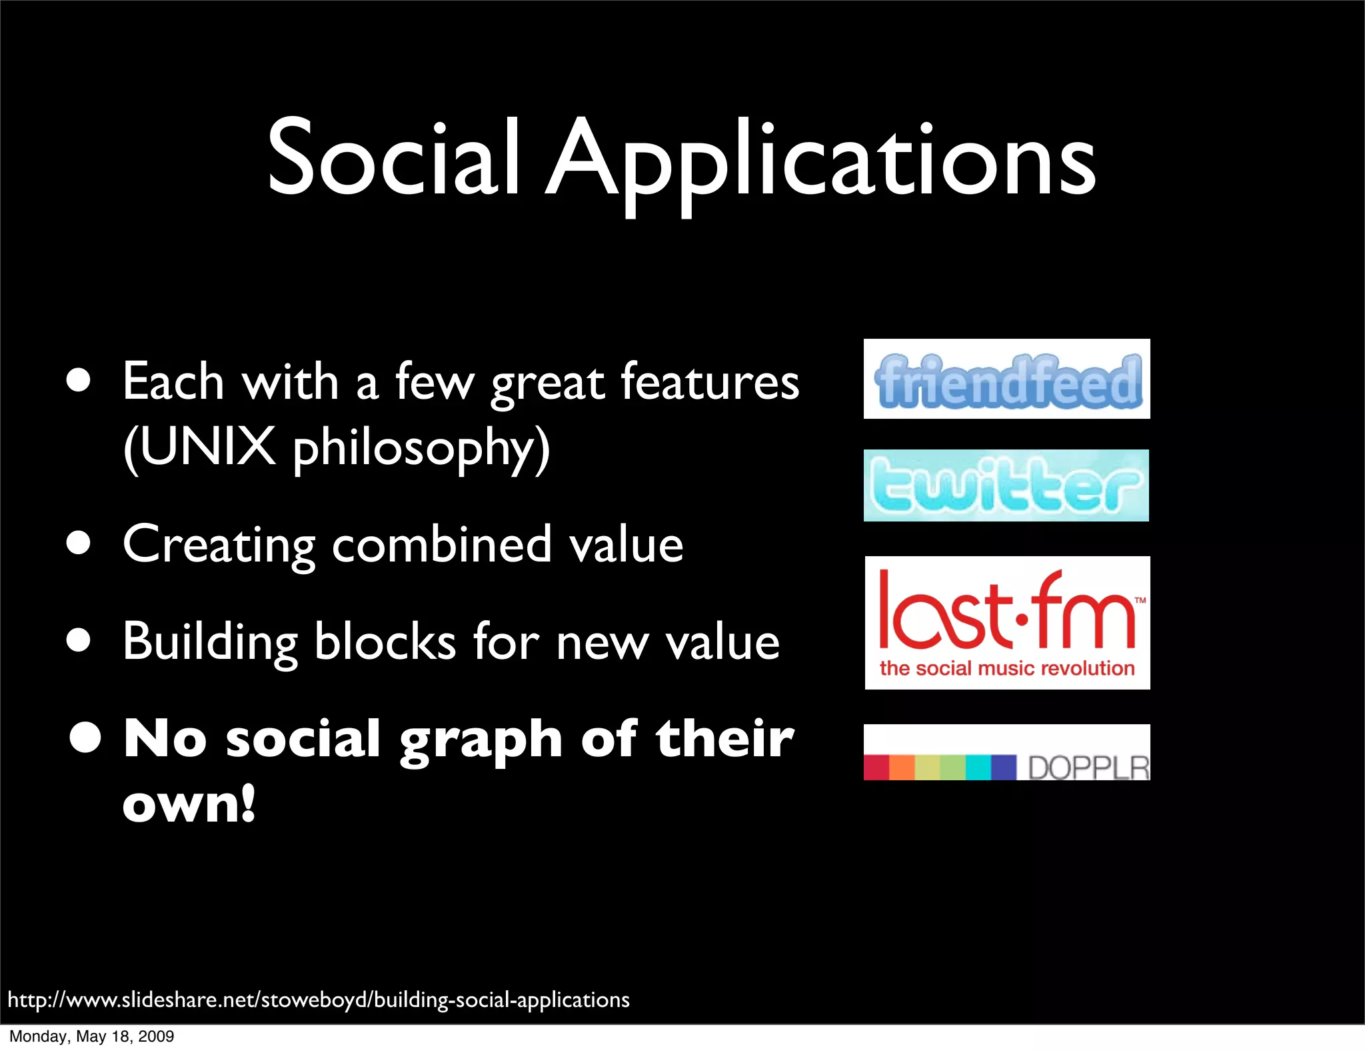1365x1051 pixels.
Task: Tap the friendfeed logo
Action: coord(1006,380)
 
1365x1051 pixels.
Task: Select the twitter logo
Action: coord(1006,486)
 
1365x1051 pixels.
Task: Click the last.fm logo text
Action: coord(1006,610)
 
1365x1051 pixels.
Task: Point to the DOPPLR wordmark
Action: coord(1088,768)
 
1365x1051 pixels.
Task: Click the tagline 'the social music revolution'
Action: coord(1006,668)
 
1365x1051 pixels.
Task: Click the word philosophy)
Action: coord(421,448)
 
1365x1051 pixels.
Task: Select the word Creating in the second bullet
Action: coord(219,546)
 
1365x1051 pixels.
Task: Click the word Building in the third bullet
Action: coord(210,642)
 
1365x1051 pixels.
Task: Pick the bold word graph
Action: coord(481,740)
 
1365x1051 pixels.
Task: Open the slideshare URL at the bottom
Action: coord(319,1000)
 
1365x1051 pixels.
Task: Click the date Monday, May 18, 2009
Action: coord(91,1036)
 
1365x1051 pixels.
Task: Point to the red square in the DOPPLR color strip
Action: coord(876,767)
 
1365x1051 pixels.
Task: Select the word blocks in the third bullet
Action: coord(385,642)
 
